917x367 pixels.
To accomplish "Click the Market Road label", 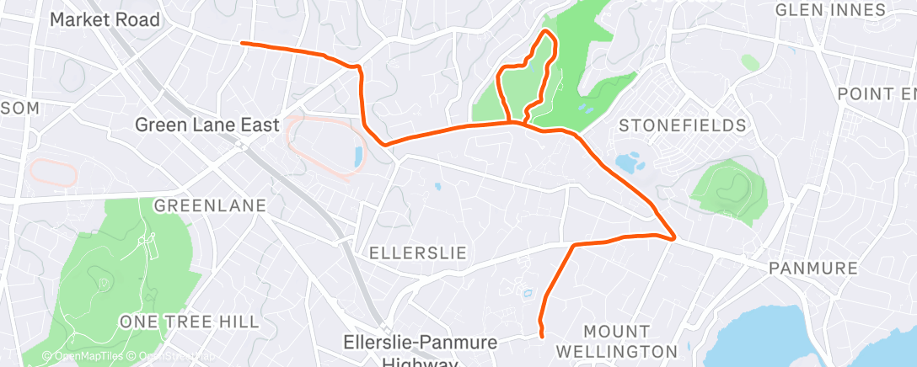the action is pyautogui.click(x=105, y=19).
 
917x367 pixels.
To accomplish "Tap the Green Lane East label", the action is pyautogui.click(x=207, y=125).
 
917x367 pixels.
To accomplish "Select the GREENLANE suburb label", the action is pyautogui.click(x=210, y=205).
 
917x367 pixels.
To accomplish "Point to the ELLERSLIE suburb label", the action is pyautogui.click(x=418, y=253).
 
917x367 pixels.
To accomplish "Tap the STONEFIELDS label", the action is pyautogui.click(x=683, y=126).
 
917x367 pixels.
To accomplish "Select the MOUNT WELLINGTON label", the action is pyautogui.click(x=629, y=340).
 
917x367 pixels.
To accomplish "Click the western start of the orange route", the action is pyautogui.click(x=243, y=43).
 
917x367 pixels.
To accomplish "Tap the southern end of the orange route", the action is pyautogui.click(x=541, y=335).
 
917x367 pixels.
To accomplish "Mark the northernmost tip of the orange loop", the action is pyautogui.click(x=547, y=32).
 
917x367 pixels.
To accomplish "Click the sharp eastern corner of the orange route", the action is pyautogui.click(x=674, y=238).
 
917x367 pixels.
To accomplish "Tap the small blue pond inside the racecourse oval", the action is pyautogui.click(x=358, y=157).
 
